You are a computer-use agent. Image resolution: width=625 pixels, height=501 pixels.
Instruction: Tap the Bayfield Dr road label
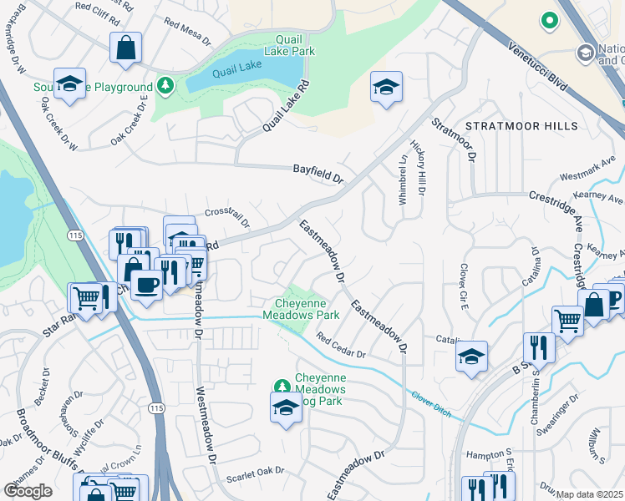click(x=318, y=173)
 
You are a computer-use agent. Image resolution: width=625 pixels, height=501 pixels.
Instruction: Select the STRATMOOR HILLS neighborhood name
click(x=521, y=126)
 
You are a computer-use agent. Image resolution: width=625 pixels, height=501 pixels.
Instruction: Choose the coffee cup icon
click(x=146, y=284)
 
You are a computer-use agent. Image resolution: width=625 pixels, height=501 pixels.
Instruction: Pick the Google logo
click(x=28, y=491)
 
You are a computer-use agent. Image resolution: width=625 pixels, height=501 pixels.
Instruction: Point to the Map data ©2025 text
click(x=590, y=494)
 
